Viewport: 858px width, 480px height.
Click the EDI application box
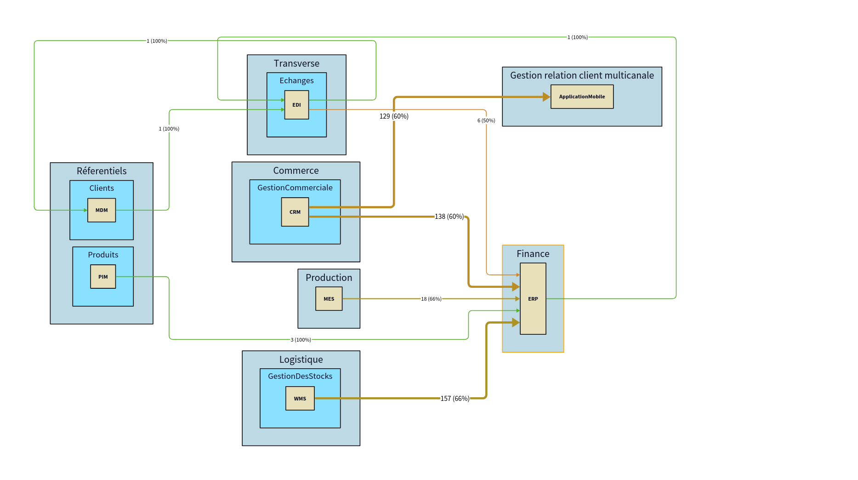(x=296, y=105)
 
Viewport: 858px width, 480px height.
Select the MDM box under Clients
(x=102, y=210)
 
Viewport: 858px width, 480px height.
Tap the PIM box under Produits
(x=103, y=277)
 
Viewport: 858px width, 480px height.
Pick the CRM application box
(x=295, y=212)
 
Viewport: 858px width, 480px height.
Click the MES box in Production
(x=329, y=299)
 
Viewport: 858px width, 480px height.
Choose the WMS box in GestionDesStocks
(x=300, y=399)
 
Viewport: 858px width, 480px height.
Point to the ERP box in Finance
(x=533, y=299)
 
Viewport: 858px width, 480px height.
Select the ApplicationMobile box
(x=582, y=97)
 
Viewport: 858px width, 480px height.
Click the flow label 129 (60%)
(x=394, y=116)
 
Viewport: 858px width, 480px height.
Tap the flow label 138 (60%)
(x=449, y=217)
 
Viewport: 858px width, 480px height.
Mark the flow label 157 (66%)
(x=455, y=399)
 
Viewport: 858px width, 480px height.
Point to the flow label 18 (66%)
(x=431, y=299)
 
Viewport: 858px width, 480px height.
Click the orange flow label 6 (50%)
(x=486, y=120)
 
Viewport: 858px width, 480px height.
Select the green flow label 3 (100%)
(x=301, y=340)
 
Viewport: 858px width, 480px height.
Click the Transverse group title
(x=296, y=63)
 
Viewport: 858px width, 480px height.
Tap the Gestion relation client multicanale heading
(x=582, y=75)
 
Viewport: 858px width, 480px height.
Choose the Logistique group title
(x=301, y=360)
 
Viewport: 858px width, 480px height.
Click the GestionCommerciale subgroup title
(x=295, y=188)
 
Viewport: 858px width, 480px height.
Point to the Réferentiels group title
(x=102, y=171)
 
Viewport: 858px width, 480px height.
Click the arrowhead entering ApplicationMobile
(x=546, y=97)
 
